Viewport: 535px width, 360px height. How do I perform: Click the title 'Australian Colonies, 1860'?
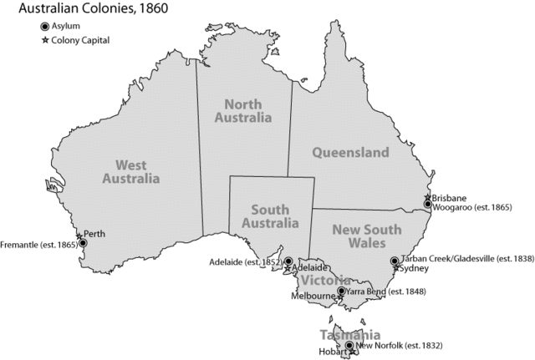tap(74, 9)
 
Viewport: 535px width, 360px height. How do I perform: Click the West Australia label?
tap(130, 172)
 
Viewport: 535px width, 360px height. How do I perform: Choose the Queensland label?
tap(350, 153)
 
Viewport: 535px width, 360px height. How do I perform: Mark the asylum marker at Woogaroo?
tap(427, 204)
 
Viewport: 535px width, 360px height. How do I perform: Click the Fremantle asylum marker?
tap(83, 244)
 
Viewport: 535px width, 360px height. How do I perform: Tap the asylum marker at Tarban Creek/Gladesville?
tap(395, 261)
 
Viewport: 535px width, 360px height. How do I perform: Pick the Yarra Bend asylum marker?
tap(341, 292)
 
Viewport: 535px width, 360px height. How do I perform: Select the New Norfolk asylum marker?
tap(349, 345)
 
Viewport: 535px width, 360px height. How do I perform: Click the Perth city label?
tap(95, 234)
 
